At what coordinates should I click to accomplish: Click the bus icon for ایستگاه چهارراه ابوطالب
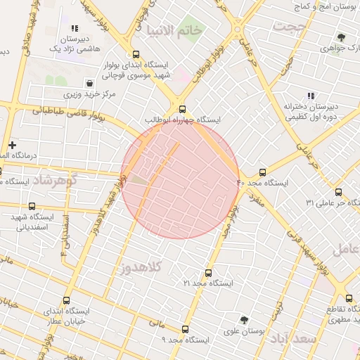[183, 109]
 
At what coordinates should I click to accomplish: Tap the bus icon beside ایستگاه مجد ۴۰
[263, 172]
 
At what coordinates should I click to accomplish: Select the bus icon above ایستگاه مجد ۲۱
[208, 273]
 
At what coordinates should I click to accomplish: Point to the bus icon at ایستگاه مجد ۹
[185, 329]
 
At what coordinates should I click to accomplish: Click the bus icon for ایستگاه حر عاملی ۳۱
[339, 192]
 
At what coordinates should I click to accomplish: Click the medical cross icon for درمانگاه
[12, 144]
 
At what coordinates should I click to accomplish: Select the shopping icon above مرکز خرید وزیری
[89, 83]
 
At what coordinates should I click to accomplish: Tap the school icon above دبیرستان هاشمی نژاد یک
[74, 29]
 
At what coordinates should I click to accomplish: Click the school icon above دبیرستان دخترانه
[310, 96]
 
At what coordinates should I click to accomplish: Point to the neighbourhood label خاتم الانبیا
[174, 30]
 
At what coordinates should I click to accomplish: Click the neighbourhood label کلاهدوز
[141, 267]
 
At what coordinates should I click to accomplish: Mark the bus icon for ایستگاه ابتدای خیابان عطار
[67, 300]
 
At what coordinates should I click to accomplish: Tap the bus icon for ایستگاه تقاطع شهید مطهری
[349, 298]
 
